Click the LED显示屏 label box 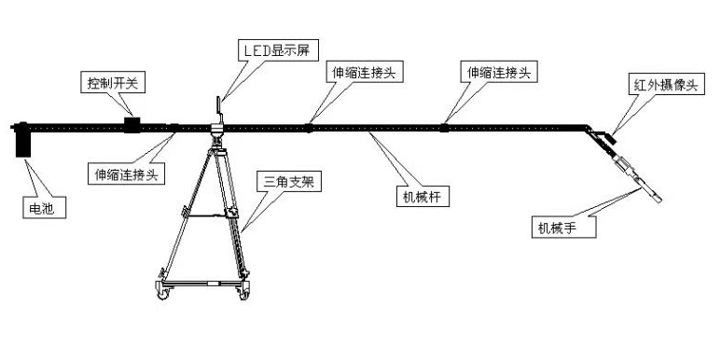[279, 50]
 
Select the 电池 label [45, 207]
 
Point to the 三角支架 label [289, 182]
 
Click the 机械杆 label [423, 197]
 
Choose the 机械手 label [563, 228]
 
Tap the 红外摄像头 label [666, 84]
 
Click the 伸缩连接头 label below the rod [127, 173]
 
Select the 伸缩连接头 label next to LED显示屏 [364, 72]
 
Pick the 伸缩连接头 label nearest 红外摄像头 [498, 72]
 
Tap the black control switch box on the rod [132, 125]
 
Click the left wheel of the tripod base [163, 293]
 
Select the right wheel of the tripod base [243, 293]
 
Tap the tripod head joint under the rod [217, 134]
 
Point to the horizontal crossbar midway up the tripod [207, 215]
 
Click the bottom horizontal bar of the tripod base [203, 284]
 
